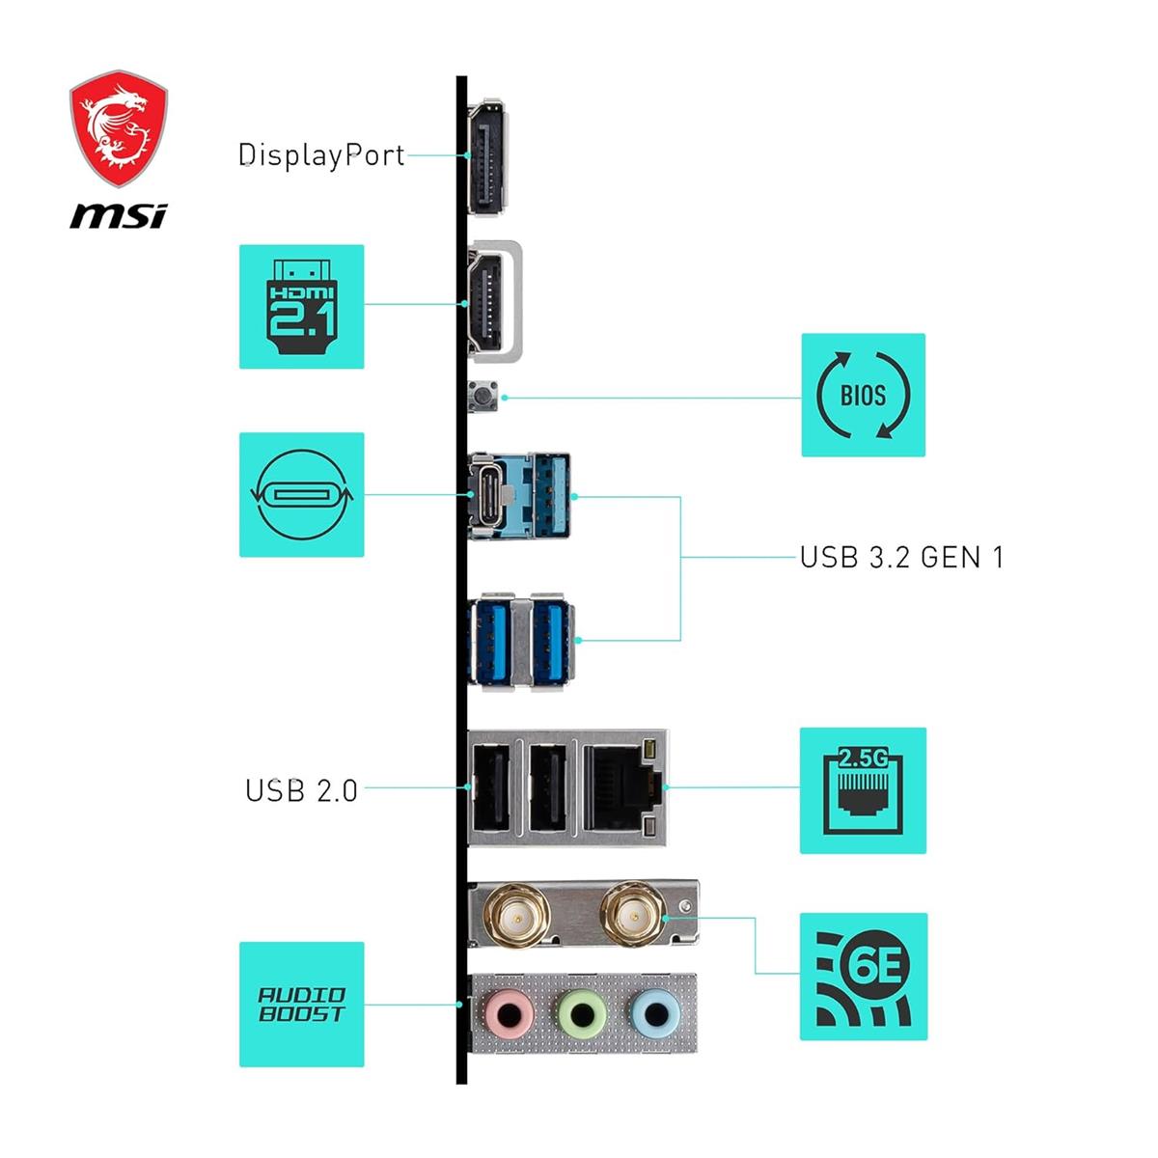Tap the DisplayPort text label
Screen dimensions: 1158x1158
tap(321, 154)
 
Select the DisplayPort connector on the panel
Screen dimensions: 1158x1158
tap(489, 156)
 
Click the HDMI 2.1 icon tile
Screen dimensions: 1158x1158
tap(301, 306)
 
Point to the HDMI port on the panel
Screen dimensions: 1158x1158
tap(490, 301)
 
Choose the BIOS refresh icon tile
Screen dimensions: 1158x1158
tap(863, 395)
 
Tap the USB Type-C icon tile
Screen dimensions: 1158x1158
tap(301, 494)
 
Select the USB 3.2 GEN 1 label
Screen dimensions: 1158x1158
tap(901, 557)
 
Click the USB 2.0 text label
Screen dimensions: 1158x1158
tap(301, 790)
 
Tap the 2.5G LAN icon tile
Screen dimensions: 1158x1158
tap(863, 790)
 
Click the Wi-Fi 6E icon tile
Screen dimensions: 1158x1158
tap(863, 976)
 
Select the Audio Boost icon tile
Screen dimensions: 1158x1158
tap(301, 1005)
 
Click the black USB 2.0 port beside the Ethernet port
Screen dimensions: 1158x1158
tap(547, 787)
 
